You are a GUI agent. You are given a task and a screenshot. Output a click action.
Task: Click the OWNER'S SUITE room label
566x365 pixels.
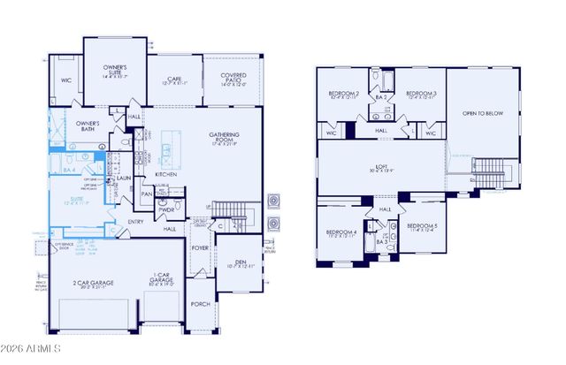pyautogui.click(x=115, y=69)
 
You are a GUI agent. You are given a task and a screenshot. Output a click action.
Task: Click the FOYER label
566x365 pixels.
pyautogui.click(x=201, y=248)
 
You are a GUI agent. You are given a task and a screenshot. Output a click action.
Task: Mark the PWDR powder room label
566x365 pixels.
pyautogui.click(x=165, y=209)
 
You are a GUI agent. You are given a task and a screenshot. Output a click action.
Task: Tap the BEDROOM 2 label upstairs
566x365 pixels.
pyautogui.click(x=343, y=93)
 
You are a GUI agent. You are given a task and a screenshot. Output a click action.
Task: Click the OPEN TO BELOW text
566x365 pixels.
pyautogui.click(x=482, y=112)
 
